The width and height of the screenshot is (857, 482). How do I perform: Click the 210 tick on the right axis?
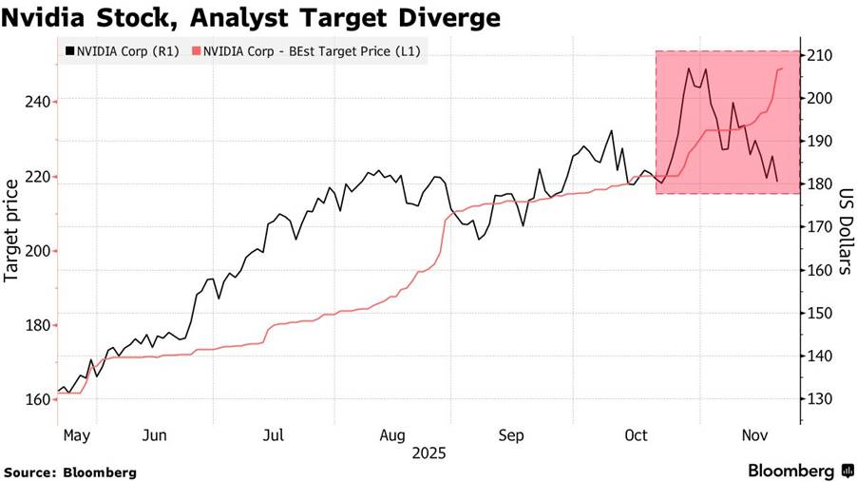820,56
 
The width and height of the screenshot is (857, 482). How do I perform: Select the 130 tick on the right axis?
820,399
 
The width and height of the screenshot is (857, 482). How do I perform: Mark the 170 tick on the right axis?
820,227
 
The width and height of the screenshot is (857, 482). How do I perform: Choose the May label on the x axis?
77,435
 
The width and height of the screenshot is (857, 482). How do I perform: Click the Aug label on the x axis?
392,435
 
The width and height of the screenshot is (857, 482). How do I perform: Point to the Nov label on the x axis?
754,435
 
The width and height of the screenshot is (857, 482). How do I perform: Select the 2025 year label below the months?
428,453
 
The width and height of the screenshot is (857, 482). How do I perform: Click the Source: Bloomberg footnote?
70,472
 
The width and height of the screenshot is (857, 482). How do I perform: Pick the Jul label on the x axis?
274,435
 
